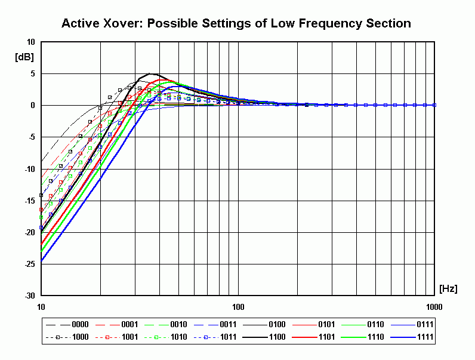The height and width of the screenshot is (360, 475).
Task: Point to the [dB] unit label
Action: pos(24,57)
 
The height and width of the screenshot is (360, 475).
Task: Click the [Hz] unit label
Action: pos(448,289)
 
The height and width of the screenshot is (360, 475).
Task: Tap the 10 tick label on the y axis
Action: pos(30,42)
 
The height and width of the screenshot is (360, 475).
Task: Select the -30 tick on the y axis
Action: pos(29,296)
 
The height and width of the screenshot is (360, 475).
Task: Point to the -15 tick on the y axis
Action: pos(29,201)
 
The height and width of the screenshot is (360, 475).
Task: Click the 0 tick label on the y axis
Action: pos(33,105)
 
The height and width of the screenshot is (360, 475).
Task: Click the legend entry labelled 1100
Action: pos(277,337)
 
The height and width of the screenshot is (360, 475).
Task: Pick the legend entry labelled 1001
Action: pos(129,337)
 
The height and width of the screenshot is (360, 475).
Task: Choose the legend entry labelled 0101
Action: pos(326,325)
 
